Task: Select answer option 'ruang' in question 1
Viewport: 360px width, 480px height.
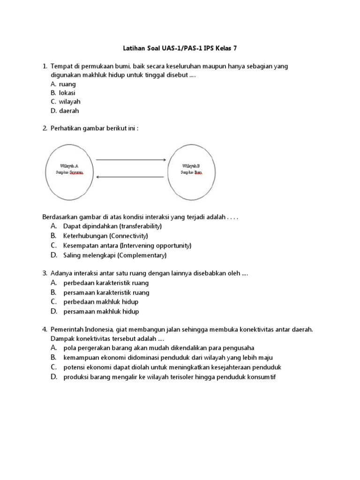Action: pos(67,84)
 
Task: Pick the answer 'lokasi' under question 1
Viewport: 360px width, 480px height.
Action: pos(67,93)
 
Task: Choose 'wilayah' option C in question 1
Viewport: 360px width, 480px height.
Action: pos(69,102)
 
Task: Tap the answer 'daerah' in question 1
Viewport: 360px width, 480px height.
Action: pos(69,111)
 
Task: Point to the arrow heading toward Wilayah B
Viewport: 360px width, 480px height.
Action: pos(131,160)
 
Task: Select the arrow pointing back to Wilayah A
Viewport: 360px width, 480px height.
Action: pos(131,177)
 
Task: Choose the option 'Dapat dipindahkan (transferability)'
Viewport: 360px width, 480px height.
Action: pos(112,226)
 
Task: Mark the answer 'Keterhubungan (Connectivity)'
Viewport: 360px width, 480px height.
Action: pos(105,236)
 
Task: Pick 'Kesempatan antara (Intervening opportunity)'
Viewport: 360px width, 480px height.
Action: pos(127,246)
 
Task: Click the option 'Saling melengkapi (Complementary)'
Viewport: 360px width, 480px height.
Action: pos(115,255)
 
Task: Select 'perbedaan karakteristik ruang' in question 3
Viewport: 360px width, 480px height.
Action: pos(106,283)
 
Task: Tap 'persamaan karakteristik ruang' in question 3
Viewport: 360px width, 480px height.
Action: pos(106,292)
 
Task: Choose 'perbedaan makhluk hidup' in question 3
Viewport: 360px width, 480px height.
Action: pos(101,302)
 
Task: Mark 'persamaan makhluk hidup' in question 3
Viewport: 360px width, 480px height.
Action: pos(101,311)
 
